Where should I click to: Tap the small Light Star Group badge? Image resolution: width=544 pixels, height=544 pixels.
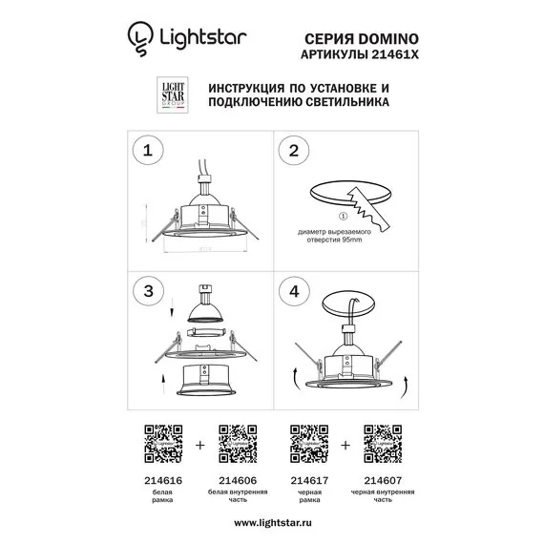point(171,93)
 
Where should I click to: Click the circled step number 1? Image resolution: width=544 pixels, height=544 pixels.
point(147,150)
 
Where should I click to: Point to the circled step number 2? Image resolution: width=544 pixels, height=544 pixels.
point(294,150)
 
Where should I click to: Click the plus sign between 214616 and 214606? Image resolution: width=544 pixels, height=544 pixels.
point(199,444)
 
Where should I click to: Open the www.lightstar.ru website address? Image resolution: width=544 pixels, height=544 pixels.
point(272,522)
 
